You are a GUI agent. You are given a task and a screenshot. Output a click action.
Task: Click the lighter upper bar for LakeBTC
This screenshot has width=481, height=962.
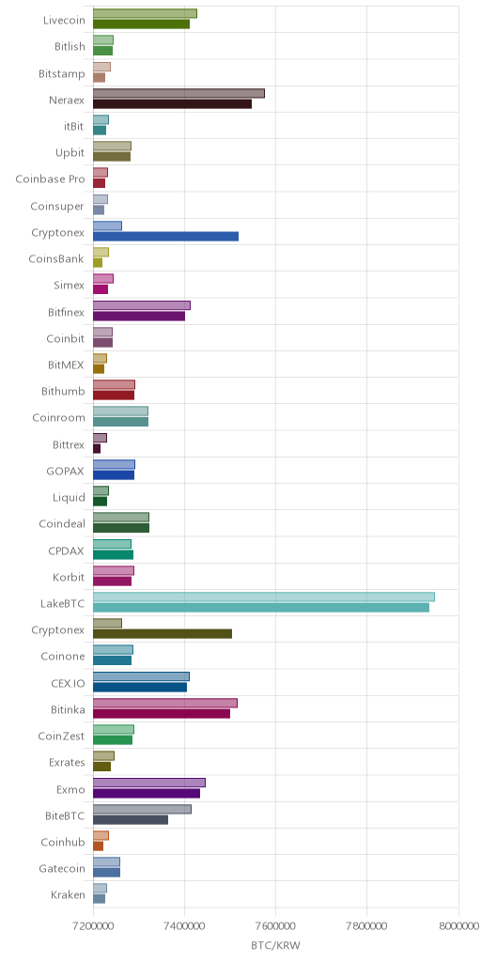pyautogui.click(x=264, y=597)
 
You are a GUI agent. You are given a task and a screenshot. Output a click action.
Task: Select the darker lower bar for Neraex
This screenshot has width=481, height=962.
pyautogui.click(x=173, y=103)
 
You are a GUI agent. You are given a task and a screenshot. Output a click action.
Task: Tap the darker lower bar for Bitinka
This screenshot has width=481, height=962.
pyautogui.click(x=162, y=714)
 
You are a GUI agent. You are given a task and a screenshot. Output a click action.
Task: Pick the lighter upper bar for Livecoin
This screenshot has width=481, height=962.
pyautogui.click(x=145, y=13)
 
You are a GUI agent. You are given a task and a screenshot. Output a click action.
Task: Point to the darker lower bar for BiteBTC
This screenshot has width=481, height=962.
pyautogui.click(x=131, y=819)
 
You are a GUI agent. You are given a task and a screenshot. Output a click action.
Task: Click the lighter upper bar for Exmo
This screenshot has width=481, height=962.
pyautogui.click(x=149, y=783)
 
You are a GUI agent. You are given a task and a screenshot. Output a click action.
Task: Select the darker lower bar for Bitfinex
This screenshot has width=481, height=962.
pyautogui.click(x=139, y=316)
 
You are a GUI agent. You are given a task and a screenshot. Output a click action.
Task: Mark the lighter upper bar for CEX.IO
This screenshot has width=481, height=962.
pyautogui.click(x=141, y=676)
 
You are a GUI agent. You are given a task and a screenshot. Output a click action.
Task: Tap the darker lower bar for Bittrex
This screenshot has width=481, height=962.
pyautogui.click(x=97, y=448)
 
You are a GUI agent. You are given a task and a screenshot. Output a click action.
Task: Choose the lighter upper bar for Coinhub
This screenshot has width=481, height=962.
pyautogui.click(x=101, y=835)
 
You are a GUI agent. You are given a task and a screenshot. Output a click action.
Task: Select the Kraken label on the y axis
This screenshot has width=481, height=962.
pyautogui.click(x=68, y=894)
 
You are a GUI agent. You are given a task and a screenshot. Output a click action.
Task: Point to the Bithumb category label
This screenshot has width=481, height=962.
pyautogui.click(x=63, y=391)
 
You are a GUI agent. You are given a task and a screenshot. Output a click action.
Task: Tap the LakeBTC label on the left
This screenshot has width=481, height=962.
pyautogui.click(x=62, y=604)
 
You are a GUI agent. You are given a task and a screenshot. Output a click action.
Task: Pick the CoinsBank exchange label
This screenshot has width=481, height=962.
pyautogui.click(x=57, y=258)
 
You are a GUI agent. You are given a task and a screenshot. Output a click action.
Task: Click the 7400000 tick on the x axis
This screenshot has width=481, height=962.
pyautogui.click(x=185, y=925)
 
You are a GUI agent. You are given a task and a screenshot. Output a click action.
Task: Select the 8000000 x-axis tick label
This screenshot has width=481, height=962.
pyautogui.click(x=458, y=925)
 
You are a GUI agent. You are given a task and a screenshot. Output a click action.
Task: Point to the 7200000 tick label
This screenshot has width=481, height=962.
pyautogui.click(x=93, y=925)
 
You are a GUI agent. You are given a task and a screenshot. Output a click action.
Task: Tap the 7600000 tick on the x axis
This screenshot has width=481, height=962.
pyautogui.click(x=276, y=925)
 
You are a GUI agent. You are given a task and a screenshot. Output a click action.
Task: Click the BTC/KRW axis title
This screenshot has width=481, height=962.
pyautogui.click(x=276, y=945)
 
